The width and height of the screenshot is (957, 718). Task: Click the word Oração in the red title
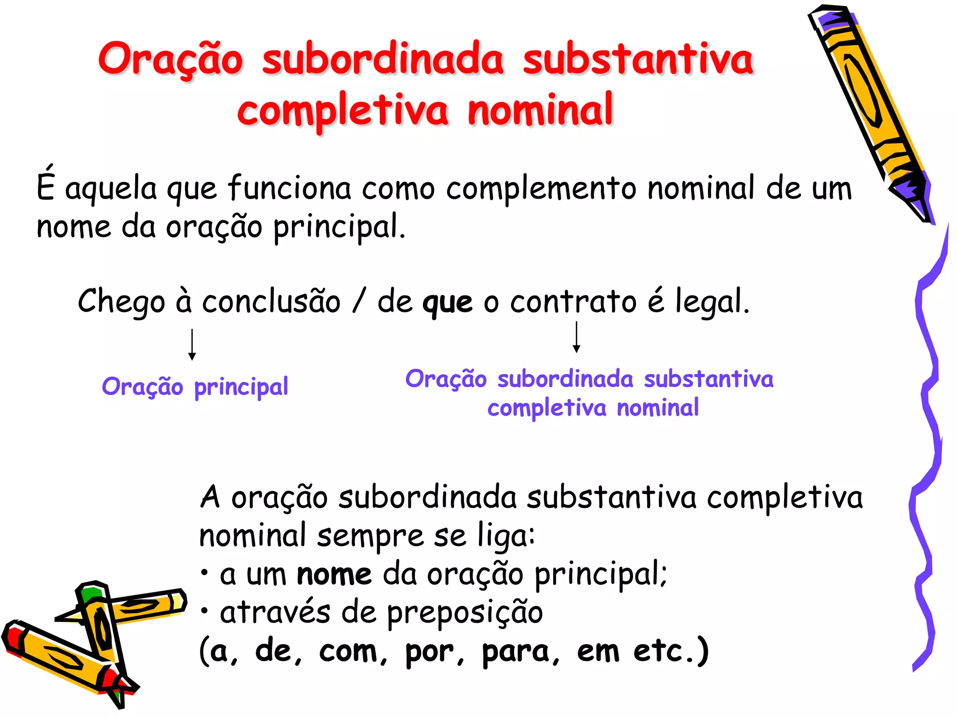pos(171,59)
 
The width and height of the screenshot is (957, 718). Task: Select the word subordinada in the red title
pos(383,59)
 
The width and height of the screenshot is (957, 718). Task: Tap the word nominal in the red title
pos(540,110)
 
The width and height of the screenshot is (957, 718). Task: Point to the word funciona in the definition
pos(289,188)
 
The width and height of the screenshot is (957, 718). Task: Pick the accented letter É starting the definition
pos(45,185)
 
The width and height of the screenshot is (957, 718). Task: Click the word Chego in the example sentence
pos(121,302)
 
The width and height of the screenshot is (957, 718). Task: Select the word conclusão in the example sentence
pos(271,302)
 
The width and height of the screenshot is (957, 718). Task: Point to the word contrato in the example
pos(573,302)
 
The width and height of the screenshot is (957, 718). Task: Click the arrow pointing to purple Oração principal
pos(192,345)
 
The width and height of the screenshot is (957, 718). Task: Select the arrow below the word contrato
pos(577,337)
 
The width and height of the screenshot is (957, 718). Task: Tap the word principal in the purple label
pos(241,388)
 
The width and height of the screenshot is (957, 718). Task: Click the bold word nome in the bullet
pos(334,574)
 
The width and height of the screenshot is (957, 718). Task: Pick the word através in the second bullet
pos(275,612)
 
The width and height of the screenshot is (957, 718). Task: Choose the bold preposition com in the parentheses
pos(348,651)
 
